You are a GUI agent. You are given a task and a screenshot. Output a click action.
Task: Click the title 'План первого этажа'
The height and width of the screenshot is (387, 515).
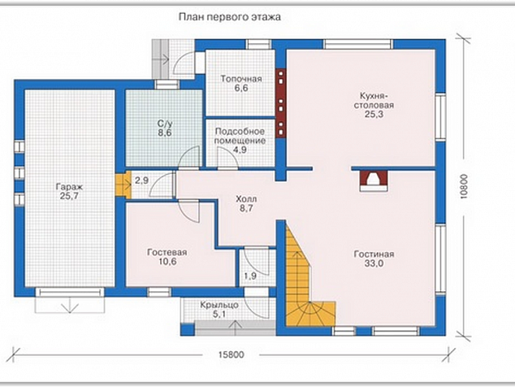point(230,17)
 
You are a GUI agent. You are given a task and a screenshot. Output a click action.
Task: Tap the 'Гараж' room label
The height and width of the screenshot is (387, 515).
point(69,187)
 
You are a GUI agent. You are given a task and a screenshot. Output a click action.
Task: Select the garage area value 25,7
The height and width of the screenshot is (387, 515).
point(69,196)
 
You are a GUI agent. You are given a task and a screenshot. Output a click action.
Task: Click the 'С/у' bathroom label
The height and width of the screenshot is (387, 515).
point(165,124)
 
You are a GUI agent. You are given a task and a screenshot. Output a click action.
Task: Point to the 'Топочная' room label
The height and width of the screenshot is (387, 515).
point(241,79)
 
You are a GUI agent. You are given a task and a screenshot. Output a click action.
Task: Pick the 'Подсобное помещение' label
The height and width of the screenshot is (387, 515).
point(240,136)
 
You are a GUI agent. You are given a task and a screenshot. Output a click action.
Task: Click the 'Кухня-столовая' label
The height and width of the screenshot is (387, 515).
point(374,101)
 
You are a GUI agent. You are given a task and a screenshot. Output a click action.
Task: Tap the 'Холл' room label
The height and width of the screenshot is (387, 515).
point(246,199)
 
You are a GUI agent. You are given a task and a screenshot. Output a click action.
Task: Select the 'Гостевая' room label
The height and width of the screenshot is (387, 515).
point(167,252)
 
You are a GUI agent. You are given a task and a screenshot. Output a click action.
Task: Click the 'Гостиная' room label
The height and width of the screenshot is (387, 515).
point(374,254)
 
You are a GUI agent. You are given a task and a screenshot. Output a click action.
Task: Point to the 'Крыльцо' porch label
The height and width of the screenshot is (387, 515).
point(219,305)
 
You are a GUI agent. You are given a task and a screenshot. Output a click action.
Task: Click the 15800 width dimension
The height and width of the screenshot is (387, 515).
point(231,354)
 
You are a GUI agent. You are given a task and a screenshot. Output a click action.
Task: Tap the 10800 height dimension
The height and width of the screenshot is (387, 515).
point(464,186)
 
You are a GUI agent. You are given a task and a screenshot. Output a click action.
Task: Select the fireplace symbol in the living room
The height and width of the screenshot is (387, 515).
point(374,180)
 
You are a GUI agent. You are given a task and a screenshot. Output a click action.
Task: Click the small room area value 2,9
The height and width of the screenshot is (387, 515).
point(141,180)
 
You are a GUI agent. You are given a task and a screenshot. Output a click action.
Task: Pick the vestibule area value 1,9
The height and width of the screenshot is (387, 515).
point(250,276)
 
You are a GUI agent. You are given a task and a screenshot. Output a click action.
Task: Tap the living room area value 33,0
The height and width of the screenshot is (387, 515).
point(374,263)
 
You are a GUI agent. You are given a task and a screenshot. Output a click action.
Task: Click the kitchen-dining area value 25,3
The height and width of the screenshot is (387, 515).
point(374,115)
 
